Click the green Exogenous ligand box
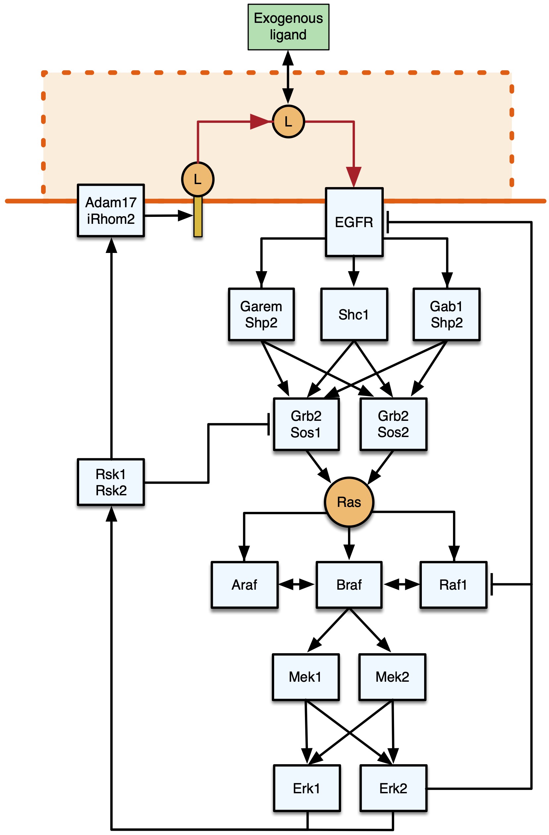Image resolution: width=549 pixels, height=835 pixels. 288,27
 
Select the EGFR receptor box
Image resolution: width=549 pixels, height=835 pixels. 354,222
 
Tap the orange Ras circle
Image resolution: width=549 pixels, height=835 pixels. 349,502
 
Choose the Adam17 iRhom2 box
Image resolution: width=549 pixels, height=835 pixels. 111,211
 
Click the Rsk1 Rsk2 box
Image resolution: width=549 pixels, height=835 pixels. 111,482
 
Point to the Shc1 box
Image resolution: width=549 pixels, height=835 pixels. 354,314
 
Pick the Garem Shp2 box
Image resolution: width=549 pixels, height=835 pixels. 261,314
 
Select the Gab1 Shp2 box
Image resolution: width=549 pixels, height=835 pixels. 446,314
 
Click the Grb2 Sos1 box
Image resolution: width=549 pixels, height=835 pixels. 306,424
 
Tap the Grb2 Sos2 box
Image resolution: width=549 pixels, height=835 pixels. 393,424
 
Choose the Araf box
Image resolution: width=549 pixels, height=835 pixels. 244,584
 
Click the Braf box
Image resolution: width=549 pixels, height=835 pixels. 349,584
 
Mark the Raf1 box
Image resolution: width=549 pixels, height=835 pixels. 453,584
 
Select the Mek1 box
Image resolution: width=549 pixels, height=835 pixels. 305,677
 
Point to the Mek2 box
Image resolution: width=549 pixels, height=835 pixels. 392,677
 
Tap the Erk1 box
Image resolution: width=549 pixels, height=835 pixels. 307,788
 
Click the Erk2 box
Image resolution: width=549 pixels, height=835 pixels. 393,788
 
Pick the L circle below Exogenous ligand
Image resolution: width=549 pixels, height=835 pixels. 288,122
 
